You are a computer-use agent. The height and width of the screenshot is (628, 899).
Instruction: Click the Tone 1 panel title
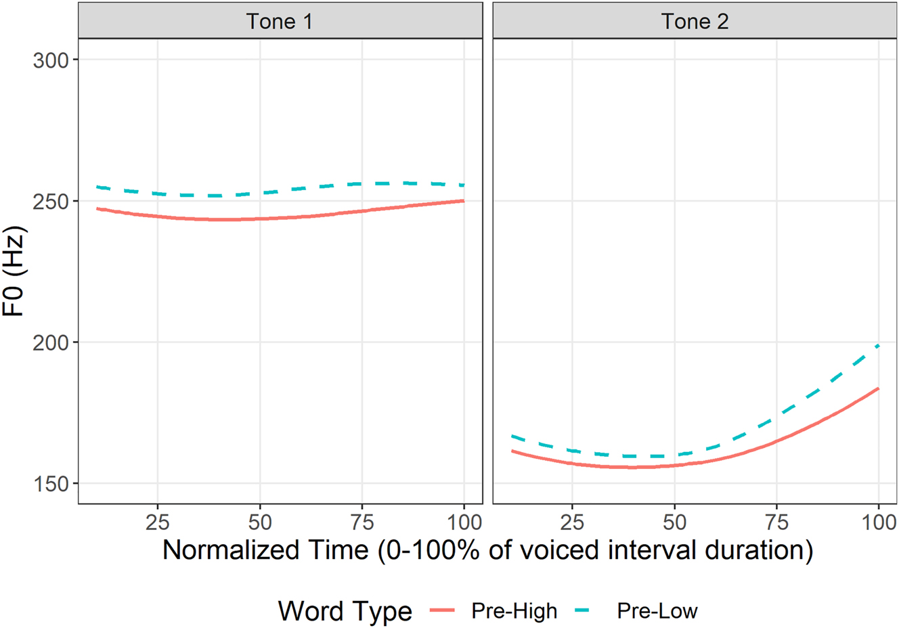pos(280,22)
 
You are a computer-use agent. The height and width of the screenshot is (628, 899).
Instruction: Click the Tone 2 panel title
pos(695,22)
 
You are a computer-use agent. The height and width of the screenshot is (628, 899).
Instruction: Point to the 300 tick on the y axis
pos(51,60)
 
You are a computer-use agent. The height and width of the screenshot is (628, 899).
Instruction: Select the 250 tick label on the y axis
pos(51,202)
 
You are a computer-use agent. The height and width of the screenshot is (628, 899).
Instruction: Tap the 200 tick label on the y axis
pos(51,342)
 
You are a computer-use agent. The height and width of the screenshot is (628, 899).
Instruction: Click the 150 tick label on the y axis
pos(51,484)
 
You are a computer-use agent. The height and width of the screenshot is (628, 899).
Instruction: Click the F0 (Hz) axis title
pos(15,273)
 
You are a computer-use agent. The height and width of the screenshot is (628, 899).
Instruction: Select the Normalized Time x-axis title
pos(487,550)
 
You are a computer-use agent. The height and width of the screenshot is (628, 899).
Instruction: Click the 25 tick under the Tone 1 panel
pos(157,522)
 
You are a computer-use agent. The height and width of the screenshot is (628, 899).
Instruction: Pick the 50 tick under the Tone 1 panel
pos(260,522)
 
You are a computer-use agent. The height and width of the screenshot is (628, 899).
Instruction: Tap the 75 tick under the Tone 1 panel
pos(362,522)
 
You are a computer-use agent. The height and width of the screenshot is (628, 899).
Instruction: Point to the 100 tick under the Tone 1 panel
pos(464,522)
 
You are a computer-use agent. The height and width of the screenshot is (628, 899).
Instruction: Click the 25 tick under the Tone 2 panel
pos(572,522)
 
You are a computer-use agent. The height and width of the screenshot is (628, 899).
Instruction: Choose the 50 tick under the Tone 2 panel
pos(674,522)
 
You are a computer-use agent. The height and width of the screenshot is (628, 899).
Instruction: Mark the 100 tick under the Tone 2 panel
pos(879,522)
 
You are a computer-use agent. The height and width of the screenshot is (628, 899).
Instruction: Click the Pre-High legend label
pos(514,611)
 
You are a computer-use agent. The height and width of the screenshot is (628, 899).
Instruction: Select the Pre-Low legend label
pos(657,611)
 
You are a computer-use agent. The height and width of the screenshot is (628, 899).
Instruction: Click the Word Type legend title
pos(345,611)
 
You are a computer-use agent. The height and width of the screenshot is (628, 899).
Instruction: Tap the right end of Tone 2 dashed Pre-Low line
pos(878,346)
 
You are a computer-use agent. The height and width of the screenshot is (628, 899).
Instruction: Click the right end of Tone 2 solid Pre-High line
pos(878,388)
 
